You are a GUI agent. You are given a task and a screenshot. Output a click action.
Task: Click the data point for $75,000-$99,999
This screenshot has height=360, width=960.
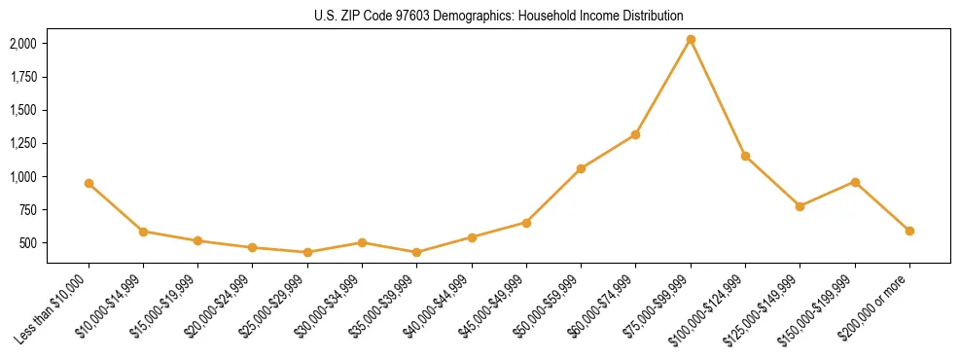click(691, 39)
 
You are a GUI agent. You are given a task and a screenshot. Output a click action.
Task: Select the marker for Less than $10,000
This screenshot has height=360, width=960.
click(89, 183)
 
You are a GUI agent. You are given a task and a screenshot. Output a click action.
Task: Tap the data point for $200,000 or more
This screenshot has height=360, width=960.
click(909, 231)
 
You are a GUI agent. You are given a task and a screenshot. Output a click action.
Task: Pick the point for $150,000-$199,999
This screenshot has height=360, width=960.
click(855, 182)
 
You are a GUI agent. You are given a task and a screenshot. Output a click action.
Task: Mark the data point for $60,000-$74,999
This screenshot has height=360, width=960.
click(635, 134)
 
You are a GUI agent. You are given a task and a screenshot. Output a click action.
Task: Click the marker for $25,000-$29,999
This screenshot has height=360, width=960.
click(307, 252)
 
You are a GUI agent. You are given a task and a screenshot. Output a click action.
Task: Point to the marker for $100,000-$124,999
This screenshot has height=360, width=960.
click(745, 156)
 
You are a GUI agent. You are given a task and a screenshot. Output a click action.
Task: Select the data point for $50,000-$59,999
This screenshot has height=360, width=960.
click(581, 168)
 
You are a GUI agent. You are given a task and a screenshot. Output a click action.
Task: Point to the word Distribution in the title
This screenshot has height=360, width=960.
click(649, 16)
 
